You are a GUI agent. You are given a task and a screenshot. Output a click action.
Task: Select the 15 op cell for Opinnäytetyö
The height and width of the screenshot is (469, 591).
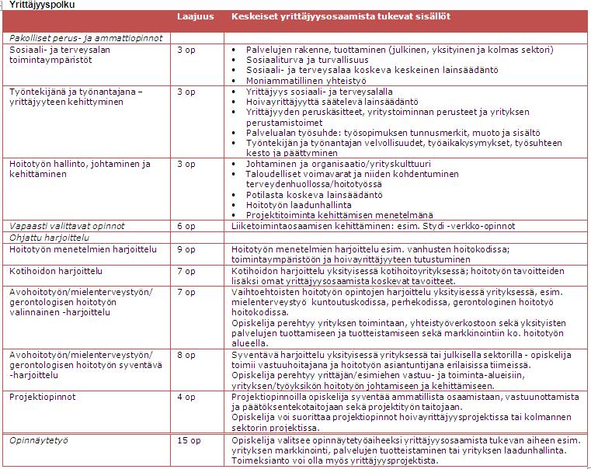[x=189, y=440]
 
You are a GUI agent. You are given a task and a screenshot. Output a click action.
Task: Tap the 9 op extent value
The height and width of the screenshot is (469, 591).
[x=186, y=249]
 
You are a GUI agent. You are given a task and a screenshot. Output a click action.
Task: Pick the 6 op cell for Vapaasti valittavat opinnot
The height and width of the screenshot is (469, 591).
[x=186, y=226]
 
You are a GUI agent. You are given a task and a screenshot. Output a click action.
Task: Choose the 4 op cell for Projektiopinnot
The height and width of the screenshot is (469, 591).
[x=186, y=397]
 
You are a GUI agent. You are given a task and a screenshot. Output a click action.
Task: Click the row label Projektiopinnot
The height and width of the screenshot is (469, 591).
[x=43, y=397]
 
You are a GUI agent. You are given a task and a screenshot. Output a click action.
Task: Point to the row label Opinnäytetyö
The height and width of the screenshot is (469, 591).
[x=39, y=440]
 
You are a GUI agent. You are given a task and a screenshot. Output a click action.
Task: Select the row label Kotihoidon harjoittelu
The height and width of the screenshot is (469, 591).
[x=56, y=271]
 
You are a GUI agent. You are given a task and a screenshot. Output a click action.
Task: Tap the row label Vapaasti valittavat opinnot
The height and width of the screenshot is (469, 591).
[x=67, y=226]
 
